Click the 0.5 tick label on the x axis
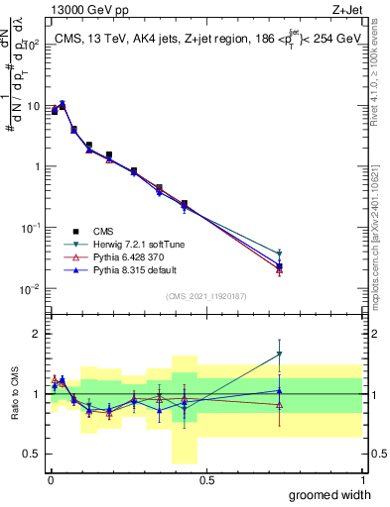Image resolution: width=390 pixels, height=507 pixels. coord(206,478)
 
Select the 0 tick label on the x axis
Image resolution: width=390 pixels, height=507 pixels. coord(51,478)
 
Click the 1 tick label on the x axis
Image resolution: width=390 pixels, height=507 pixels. coord(362,478)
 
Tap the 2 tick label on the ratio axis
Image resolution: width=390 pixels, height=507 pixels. coord(34,334)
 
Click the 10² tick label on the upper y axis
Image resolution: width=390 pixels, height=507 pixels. coord(30,45)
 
